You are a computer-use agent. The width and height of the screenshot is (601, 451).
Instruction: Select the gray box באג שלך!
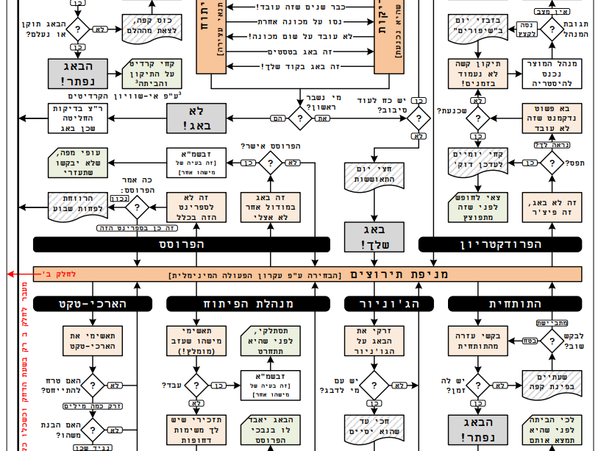click(x=374, y=236)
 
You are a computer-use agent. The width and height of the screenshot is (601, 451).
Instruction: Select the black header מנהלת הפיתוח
click(x=241, y=303)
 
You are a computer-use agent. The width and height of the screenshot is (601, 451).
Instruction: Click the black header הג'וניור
click(x=374, y=303)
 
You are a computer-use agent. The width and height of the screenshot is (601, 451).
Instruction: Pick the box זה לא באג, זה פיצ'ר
click(x=552, y=207)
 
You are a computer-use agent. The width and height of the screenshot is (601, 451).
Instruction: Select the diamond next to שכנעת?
click(x=478, y=118)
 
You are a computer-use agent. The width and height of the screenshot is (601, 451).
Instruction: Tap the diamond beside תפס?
click(x=552, y=161)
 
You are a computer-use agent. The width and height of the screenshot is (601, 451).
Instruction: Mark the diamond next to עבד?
click(x=196, y=385)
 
